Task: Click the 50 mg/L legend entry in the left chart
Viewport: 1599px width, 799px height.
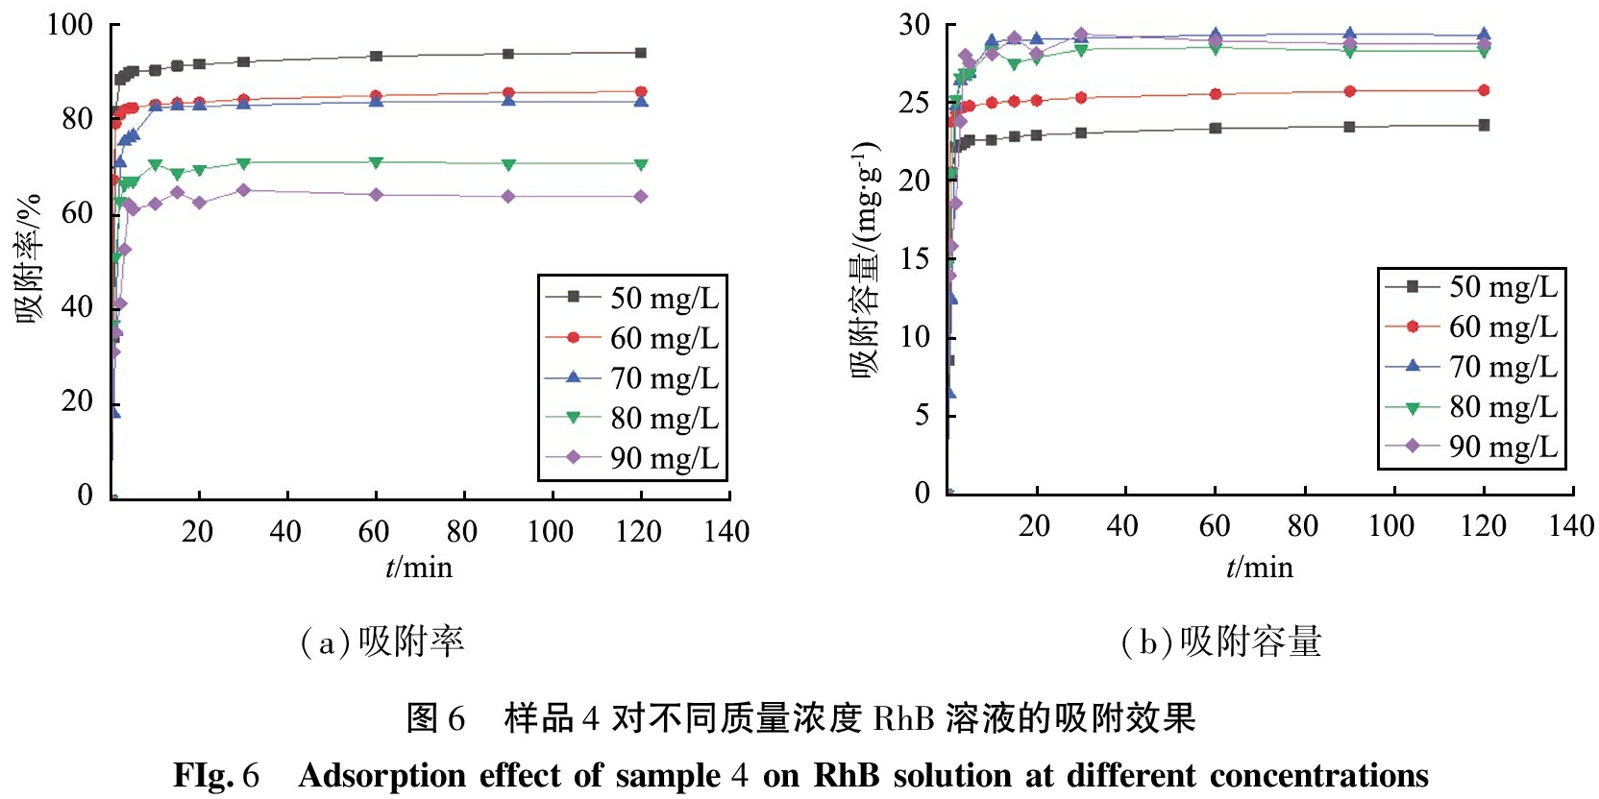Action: (x=632, y=298)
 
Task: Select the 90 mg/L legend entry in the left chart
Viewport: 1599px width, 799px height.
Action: (x=632, y=458)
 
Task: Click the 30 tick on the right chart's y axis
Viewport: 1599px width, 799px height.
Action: (x=914, y=25)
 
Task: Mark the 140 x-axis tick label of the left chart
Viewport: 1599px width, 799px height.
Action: (x=726, y=531)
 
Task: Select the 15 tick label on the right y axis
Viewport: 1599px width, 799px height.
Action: (x=914, y=258)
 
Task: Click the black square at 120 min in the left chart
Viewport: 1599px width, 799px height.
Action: (x=641, y=53)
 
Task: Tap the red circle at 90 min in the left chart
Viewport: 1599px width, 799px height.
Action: (x=508, y=93)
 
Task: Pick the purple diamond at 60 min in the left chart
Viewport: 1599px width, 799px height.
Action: (x=377, y=195)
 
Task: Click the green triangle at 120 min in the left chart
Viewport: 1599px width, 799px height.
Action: (x=641, y=165)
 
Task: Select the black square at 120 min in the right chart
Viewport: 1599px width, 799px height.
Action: (x=1484, y=125)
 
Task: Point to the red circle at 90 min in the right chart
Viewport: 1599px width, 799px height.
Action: (x=1349, y=91)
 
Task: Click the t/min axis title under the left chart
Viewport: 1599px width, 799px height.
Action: (x=419, y=568)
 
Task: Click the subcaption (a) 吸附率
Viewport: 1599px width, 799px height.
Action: (x=382, y=642)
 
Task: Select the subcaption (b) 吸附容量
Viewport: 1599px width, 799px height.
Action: (x=1221, y=642)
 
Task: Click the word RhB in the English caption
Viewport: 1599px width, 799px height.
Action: (x=847, y=775)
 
